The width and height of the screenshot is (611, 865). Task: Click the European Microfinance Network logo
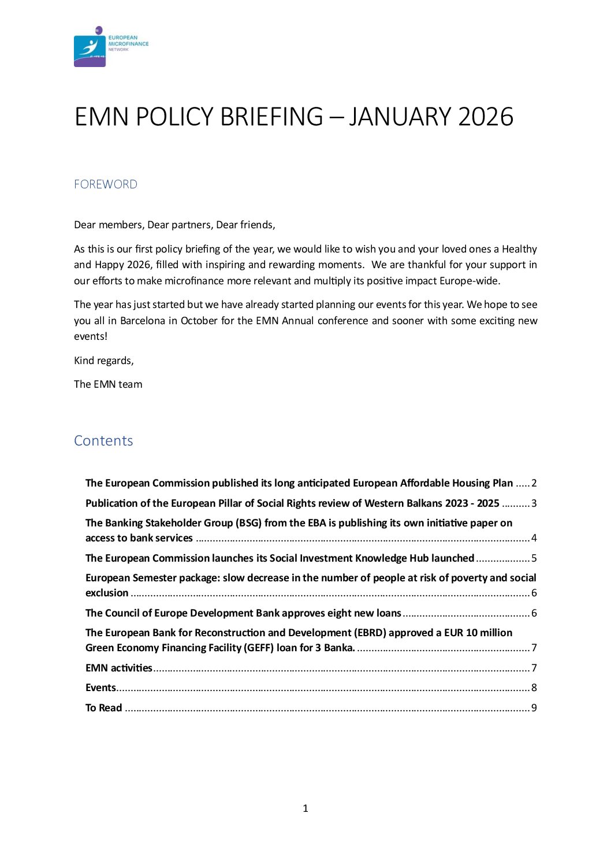click(110, 46)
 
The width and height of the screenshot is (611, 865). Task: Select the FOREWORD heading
click(106, 184)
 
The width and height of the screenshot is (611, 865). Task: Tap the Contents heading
click(103, 441)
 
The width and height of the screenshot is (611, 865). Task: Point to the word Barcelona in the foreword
click(143, 321)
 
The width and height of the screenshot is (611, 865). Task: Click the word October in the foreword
click(199, 321)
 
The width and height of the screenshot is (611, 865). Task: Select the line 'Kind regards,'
click(104, 361)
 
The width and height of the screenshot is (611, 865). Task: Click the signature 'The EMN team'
click(108, 384)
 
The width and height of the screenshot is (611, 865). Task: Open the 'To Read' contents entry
click(104, 708)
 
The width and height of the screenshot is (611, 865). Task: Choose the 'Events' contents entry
click(101, 688)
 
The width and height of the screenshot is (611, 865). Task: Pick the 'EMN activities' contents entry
click(119, 668)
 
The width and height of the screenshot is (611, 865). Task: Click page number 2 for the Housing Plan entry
click(534, 483)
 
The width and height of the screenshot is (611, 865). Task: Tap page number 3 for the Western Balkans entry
click(534, 503)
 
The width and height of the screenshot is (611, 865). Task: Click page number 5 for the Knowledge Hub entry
click(534, 558)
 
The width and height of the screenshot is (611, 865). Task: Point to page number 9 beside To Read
click(534, 708)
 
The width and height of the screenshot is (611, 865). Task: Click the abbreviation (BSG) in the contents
click(248, 523)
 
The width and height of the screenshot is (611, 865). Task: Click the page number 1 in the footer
click(305, 808)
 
